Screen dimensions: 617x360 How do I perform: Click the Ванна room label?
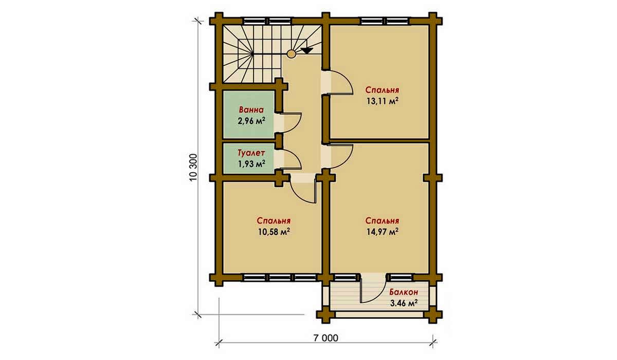[251, 110]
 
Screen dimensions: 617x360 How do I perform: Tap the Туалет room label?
[251, 153]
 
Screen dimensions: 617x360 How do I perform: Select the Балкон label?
[404, 292]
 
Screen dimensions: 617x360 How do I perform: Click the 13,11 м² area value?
[383, 101]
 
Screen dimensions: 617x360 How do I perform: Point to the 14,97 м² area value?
[383, 231]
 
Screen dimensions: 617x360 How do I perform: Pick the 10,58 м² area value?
[274, 231]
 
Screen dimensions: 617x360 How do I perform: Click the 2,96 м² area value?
[251, 121]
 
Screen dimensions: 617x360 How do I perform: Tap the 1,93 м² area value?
[251, 164]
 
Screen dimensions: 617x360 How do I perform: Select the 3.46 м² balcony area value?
[404, 303]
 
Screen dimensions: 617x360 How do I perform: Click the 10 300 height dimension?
[194, 167]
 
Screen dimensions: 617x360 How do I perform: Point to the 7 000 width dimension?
[325, 338]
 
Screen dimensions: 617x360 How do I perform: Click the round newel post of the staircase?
[291, 53]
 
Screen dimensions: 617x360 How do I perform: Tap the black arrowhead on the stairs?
[307, 50]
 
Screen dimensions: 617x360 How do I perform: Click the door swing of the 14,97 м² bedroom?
[347, 160]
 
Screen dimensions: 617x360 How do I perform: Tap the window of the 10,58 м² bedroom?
[280, 277]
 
